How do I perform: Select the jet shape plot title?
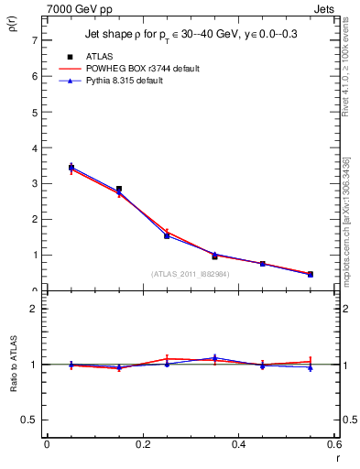coord(191,35)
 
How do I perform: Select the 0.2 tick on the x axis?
coord(143,444)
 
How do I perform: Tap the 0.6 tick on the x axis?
coord(335,444)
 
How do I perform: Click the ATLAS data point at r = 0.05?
coord(71,168)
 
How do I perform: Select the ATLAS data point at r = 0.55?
coord(311,274)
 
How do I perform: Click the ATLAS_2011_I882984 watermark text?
coord(191,274)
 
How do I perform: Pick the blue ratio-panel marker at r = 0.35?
coord(214,358)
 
